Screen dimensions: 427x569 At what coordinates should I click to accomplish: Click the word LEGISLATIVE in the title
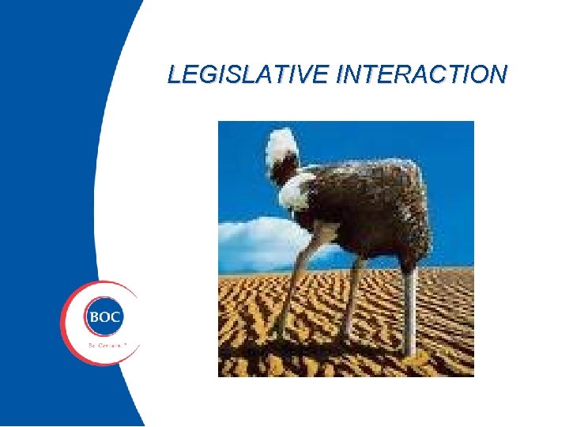(x=249, y=75)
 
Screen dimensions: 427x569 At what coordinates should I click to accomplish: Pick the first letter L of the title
(x=174, y=75)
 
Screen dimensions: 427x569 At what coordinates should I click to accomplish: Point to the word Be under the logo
(x=92, y=346)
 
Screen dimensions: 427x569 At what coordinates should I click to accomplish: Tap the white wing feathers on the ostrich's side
(x=296, y=191)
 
